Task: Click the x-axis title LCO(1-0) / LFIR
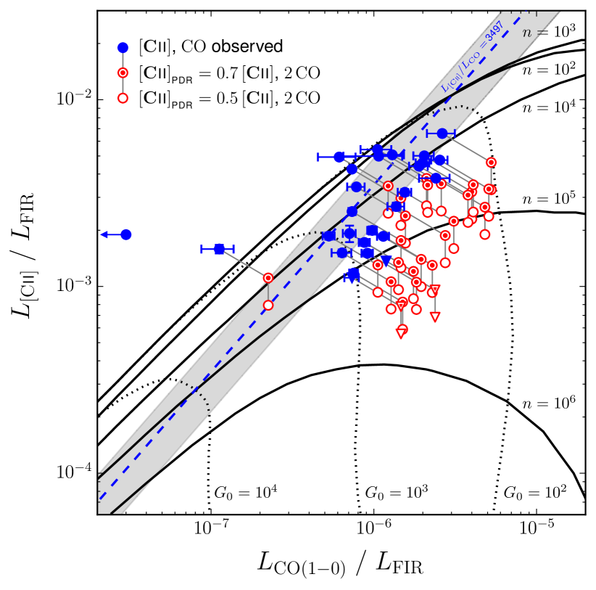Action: [340, 564]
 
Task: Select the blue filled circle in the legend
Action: [123, 47]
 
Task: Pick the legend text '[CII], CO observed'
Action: [210, 47]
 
